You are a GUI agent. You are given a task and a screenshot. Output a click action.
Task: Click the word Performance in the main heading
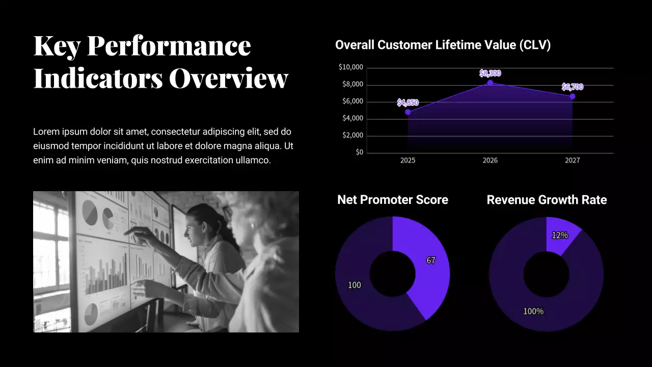[169, 46]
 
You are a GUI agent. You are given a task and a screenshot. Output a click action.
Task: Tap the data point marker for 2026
[490, 83]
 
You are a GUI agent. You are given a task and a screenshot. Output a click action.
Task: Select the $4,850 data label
[408, 102]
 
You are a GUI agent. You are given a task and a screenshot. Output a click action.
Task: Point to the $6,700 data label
[572, 87]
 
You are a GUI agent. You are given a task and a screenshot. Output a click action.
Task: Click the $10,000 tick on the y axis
[350, 67]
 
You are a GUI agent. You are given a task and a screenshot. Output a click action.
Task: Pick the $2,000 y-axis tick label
[352, 135]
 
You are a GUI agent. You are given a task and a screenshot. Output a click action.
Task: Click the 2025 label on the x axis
[407, 160]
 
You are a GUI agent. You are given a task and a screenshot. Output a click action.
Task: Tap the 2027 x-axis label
[572, 160]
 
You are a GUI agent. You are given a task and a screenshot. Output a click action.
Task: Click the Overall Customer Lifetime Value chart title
[443, 45]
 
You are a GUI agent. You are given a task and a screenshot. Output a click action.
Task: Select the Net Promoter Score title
[393, 200]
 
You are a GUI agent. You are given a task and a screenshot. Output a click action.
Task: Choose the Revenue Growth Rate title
[547, 200]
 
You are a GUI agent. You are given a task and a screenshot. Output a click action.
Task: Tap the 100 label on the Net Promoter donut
[354, 285]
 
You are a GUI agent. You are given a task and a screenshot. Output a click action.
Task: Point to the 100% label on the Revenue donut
[533, 311]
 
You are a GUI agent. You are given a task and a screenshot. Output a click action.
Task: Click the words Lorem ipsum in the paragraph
[56, 132]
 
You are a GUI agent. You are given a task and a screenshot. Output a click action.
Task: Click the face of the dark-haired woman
[194, 232]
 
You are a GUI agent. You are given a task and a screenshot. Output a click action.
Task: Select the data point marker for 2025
[408, 112]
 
